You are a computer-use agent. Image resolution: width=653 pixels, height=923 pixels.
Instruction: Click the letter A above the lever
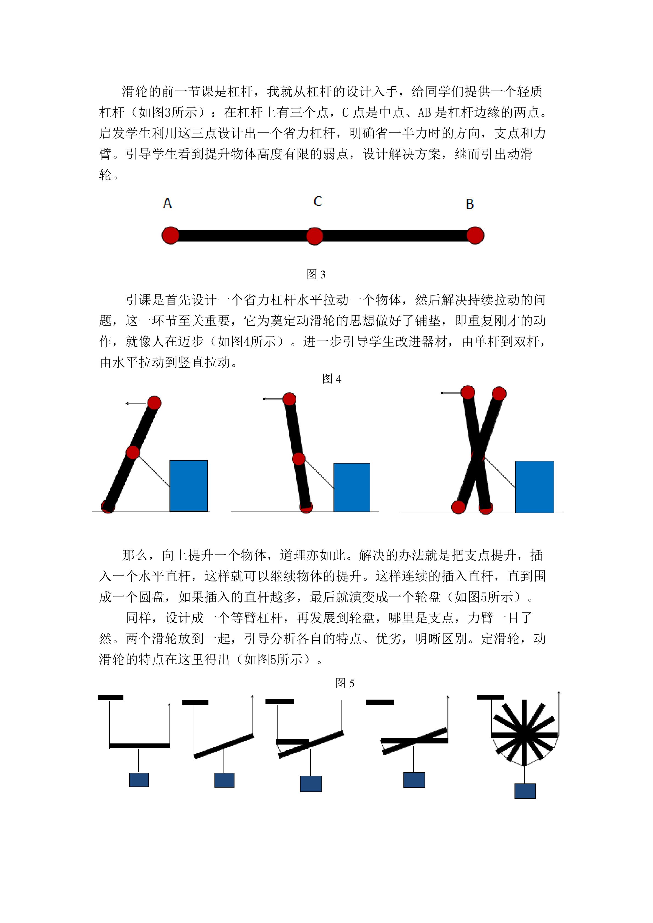coord(167,203)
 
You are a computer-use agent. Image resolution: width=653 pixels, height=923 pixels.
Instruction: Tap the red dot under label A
coord(171,235)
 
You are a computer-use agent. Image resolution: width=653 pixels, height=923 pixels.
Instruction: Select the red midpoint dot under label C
coord(315,236)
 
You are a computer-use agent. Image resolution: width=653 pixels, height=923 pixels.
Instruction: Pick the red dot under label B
coord(475,235)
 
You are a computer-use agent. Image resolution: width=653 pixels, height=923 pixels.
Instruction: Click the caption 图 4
coord(332,379)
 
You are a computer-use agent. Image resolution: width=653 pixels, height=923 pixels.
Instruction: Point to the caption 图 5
coord(345,683)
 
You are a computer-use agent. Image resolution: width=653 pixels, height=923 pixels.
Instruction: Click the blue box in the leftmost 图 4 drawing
coord(189,485)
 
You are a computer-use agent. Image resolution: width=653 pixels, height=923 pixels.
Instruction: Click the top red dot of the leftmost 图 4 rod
coord(154,403)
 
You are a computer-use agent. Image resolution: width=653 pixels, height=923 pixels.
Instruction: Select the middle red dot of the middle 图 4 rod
coord(299,459)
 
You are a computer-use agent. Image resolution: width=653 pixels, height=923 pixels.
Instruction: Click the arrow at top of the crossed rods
coord(451,393)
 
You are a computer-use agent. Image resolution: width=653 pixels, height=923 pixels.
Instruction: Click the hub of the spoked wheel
coord(524,735)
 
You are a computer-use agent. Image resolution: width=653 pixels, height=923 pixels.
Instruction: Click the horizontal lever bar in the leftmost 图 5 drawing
coord(140,746)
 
